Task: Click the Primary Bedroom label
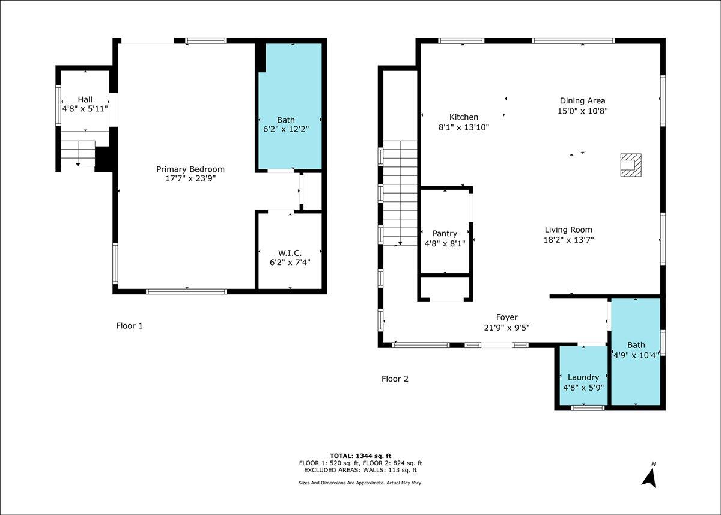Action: pyautogui.click(x=190, y=169)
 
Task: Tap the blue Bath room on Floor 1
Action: pyautogui.click(x=290, y=106)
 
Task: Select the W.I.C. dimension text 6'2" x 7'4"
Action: pyautogui.click(x=290, y=263)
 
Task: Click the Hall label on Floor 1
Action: pyautogui.click(x=85, y=100)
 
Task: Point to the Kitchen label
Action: pyautogui.click(x=464, y=117)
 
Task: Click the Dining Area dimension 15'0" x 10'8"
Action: pyautogui.click(x=583, y=111)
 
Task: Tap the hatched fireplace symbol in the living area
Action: pyautogui.click(x=631, y=165)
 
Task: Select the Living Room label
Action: pyautogui.click(x=568, y=230)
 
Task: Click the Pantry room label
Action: pyautogui.click(x=445, y=233)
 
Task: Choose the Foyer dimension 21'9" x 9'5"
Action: pyautogui.click(x=507, y=328)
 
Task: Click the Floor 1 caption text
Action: pyautogui.click(x=129, y=326)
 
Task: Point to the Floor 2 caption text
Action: pyautogui.click(x=395, y=379)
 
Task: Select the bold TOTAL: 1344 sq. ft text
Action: pyautogui.click(x=360, y=456)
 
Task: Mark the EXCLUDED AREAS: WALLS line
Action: pyautogui.click(x=360, y=470)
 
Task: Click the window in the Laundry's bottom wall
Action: pyautogui.click(x=588, y=408)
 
